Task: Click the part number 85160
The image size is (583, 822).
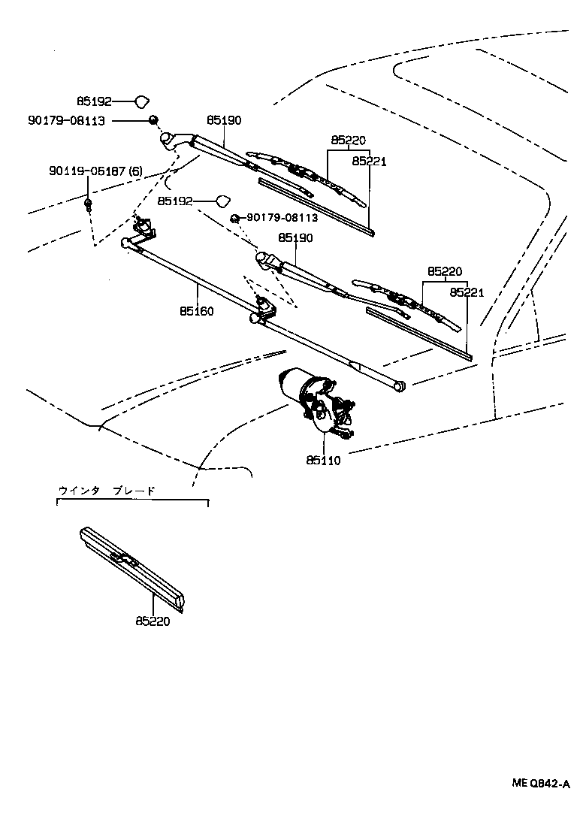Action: click(196, 310)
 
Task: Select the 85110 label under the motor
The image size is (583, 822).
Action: click(323, 461)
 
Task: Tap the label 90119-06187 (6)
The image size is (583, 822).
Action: click(95, 171)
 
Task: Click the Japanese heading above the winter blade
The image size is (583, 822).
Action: click(107, 491)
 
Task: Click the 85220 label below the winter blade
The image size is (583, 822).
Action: click(153, 621)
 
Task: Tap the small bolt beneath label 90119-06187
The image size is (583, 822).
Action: click(89, 204)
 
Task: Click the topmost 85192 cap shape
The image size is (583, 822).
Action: click(142, 101)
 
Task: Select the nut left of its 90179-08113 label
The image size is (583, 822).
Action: click(235, 218)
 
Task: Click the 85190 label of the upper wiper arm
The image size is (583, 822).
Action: click(224, 120)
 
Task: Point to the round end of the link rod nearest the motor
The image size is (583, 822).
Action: click(400, 385)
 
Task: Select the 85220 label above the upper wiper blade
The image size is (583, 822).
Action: click(347, 141)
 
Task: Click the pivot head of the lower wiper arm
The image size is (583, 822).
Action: click(265, 259)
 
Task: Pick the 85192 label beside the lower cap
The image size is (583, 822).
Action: click(175, 201)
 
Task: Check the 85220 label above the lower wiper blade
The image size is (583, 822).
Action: click(445, 271)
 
